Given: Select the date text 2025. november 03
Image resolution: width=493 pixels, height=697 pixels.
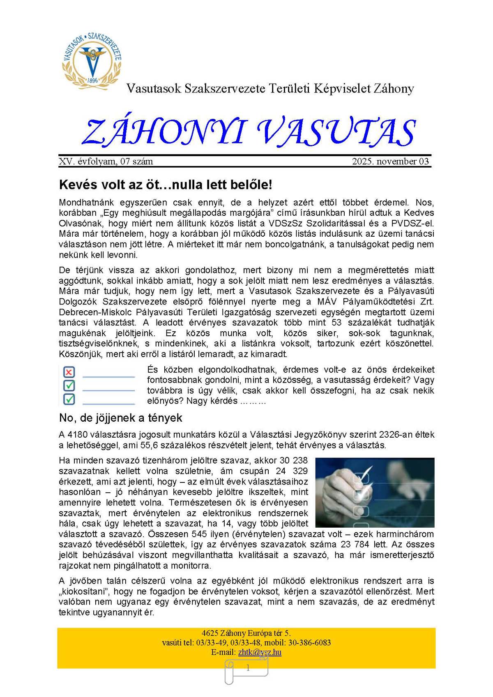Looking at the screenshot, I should pyautogui.click(x=390, y=162).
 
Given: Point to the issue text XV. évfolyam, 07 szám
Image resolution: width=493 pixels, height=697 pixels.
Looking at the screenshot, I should pyautogui.click(x=106, y=162).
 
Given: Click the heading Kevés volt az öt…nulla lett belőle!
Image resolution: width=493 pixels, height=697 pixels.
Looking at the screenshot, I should pyautogui.click(x=166, y=185).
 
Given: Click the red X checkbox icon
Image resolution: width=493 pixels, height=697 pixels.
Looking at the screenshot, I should pyautogui.click(x=69, y=372).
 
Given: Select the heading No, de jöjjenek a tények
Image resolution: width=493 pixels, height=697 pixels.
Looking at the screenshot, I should pyautogui.click(x=121, y=418).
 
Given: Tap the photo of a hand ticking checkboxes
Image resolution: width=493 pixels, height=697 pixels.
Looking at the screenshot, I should pyautogui.click(x=375, y=492).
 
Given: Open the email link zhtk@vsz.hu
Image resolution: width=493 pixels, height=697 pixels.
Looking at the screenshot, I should pyautogui.click(x=260, y=652).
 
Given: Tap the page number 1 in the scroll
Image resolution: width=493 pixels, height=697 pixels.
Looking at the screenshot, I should pyautogui.click(x=248, y=668).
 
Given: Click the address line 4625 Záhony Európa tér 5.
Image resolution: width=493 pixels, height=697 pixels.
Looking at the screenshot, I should pyautogui.click(x=246, y=633).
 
